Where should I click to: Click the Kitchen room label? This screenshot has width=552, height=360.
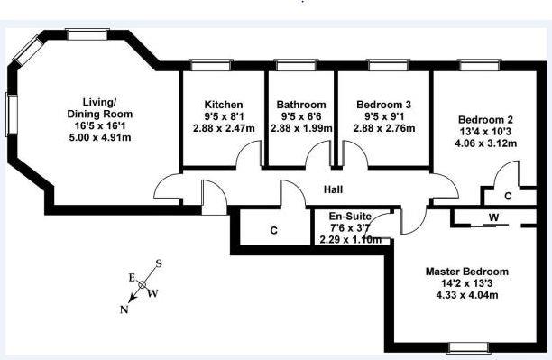(x=224, y=105)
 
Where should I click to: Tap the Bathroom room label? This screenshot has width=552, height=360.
(x=301, y=105)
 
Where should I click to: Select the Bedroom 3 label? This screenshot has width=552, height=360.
(x=383, y=105)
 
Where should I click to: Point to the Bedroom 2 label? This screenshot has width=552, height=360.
(x=485, y=120)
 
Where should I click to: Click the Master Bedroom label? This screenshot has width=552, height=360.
(x=467, y=272)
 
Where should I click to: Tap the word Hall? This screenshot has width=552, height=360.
(x=333, y=189)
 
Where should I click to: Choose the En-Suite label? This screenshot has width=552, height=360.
(x=350, y=216)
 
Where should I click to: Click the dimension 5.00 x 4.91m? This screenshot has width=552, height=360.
(x=100, y=137)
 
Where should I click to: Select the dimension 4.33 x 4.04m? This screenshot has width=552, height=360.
(x=467, y=295)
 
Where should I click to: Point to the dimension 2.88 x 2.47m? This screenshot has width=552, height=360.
(x=224, y=128)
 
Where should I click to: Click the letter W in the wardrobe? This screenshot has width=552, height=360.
(x=494, y=217)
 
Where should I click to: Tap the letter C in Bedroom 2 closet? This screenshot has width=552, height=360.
(x=508, y=196)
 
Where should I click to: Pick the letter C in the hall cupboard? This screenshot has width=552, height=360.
(x=274, y=231)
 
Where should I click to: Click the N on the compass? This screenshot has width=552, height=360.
(x=124, y=310)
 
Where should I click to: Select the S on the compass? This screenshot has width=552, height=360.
(x=159, y=263)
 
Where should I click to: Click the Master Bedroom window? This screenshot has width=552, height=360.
(x=470, y=347)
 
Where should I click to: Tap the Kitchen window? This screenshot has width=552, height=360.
(x=210, y=65)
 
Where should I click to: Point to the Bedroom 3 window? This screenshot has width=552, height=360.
(x=389, y=65)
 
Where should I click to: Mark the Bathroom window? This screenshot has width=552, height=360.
(x=296, y=65)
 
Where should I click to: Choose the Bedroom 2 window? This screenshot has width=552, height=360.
(x=480, y=65)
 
